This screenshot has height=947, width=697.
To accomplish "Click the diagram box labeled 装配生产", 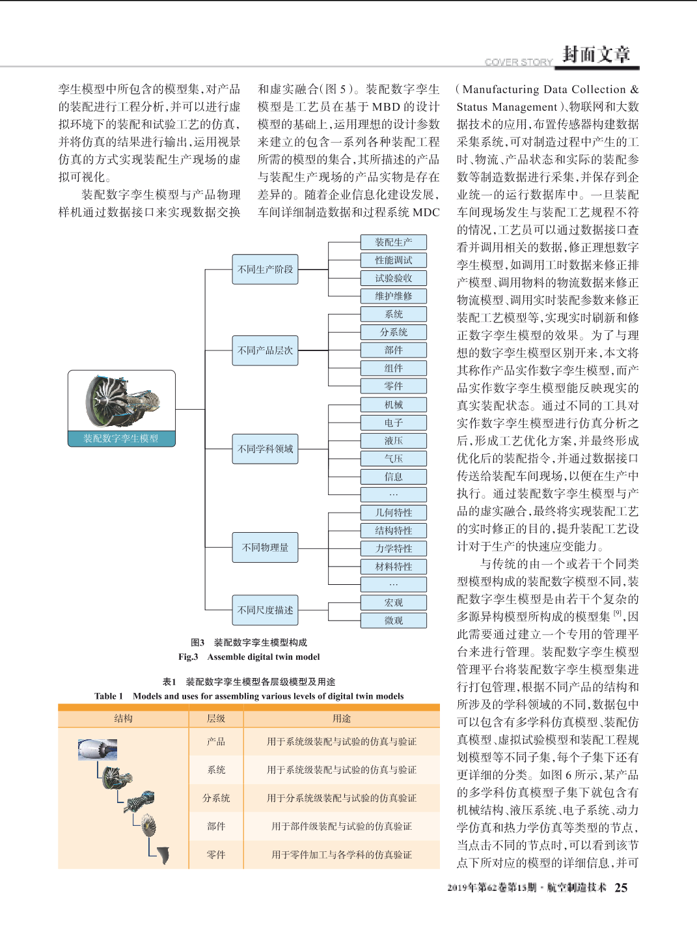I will (x=394, y=242).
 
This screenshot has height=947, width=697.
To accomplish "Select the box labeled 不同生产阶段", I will (x=266, y=269).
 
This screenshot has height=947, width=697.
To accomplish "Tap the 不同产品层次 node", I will (x=266, y=350).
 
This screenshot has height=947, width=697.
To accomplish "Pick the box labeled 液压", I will (x=394, y=440).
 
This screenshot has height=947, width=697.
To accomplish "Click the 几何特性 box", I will (x=394, y=513).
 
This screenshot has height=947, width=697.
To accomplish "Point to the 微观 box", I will (x=394, y=620).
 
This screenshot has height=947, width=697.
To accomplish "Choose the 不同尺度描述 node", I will (x=266, y=610).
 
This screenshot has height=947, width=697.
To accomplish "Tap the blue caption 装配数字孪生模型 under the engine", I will (x=121, y=438).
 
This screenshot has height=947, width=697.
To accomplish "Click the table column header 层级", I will (x=216, y=718).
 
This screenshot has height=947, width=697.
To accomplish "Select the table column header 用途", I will (x=342, y=718).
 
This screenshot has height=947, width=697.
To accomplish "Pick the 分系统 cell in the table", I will (x=216, y=798).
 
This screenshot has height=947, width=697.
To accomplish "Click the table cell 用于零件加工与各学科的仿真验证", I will (x=342, y=855).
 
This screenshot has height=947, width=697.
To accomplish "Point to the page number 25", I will (x=621, y=888).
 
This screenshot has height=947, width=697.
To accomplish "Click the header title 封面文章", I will (x=596, y=55).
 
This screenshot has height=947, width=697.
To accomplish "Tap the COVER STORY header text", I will (x=519, y=62).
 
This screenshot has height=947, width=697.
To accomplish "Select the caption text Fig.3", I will (x=188, y=657).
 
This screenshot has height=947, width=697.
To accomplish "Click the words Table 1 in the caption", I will (x=109, y=696).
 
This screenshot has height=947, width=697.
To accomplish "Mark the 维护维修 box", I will (x=394, y=296).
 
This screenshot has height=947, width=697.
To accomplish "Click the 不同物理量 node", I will (x=266, y=547).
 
